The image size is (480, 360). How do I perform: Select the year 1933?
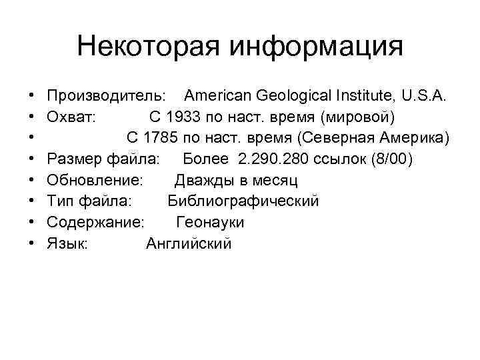[x=184, y=117]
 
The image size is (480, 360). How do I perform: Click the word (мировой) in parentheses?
[x=357, y=117]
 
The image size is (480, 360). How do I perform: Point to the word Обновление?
[x=95, y=180]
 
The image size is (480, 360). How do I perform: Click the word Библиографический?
[x=243, y=201]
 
